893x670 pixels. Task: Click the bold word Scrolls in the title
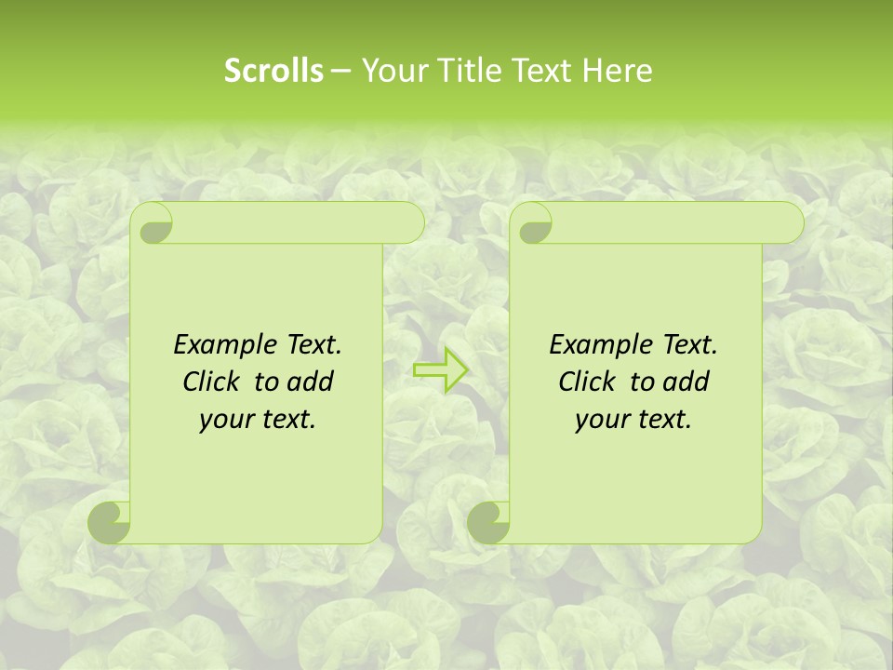273,71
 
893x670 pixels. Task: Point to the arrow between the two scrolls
441,369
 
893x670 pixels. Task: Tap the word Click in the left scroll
215,382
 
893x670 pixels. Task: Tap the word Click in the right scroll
591,382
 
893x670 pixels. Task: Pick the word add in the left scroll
310,382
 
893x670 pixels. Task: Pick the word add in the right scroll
686,382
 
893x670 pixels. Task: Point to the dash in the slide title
340,71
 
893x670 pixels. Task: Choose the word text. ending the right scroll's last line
663,420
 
